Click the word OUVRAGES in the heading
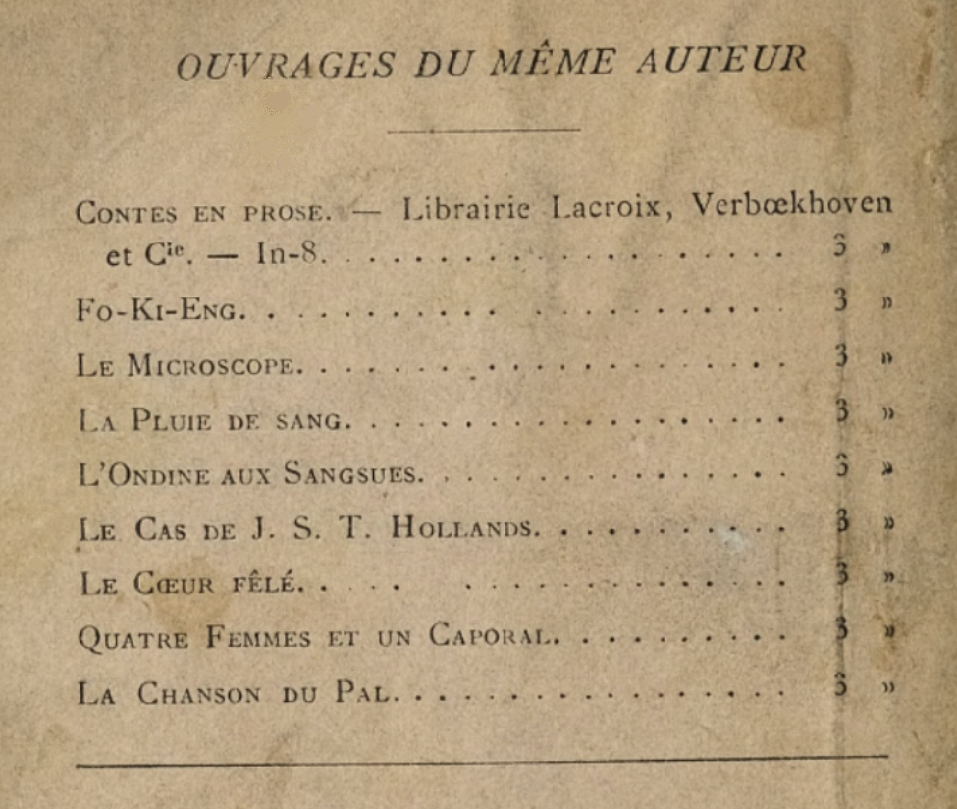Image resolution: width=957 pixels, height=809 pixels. [286, 65]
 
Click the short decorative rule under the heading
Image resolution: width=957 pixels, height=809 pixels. [484, 129]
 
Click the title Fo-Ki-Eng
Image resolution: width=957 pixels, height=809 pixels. [157, 311]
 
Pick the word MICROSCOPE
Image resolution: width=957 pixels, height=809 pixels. [212, 366]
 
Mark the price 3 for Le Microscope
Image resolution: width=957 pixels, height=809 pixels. [840, 355]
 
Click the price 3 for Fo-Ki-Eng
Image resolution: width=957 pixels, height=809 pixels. [840, 300]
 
